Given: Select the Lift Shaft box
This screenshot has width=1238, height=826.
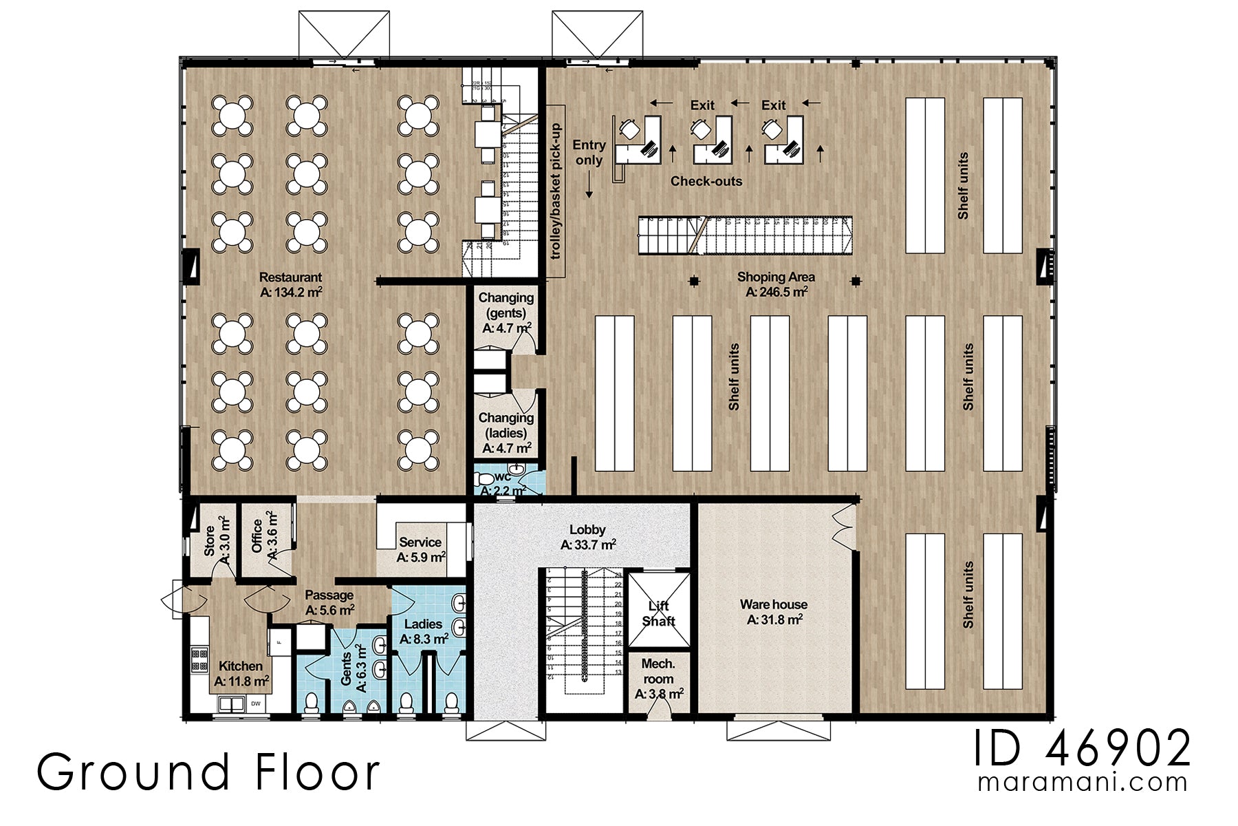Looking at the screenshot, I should (x=659, y=613).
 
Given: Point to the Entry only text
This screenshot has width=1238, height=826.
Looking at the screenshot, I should (x=589, y=152).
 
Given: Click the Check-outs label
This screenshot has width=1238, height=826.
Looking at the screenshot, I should (x=706, y=181).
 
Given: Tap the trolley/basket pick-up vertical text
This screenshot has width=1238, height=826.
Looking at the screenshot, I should (x=556, y=191).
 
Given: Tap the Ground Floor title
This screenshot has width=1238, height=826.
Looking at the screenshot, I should (x=208, y=772).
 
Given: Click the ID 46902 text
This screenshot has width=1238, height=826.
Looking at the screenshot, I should (x=1082, y=748).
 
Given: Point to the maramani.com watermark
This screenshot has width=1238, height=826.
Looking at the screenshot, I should (x=1083, y=783).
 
